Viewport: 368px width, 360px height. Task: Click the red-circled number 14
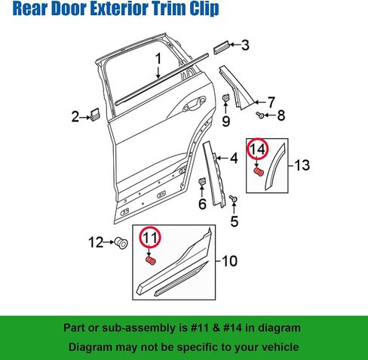[x=258, y=149]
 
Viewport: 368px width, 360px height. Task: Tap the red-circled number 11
[x=150, y=238]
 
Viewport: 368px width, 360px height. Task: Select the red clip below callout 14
[x=259, y=172]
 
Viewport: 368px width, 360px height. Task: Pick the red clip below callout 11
[x=151, y=261]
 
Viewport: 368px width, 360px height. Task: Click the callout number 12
[x=96, y=242]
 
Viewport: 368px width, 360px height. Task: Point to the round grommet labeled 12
[x=121, y=243]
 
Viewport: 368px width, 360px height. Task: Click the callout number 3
[x=245, y=45]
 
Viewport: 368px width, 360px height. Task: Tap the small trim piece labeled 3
[x=222, y=47]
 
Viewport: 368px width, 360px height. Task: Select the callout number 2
[x=75, y=117]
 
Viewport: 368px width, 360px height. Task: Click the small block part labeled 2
[x=95, y=115]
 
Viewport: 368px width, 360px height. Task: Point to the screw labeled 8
[x=260, y=115]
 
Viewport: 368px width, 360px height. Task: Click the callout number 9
[x=226, y=122]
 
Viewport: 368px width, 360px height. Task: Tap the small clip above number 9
[x=225, y=97]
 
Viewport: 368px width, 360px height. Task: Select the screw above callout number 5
[x=234, y=198]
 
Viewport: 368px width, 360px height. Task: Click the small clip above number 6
[x=202, y=180]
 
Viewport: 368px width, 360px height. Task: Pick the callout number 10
[x=230, y=261]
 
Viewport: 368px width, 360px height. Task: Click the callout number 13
[x=302, y=165]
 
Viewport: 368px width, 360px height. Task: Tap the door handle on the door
[x=195, y=103]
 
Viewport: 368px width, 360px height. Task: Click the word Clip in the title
[x=204, y=8]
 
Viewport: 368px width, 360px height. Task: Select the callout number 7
[x=271, y=103]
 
